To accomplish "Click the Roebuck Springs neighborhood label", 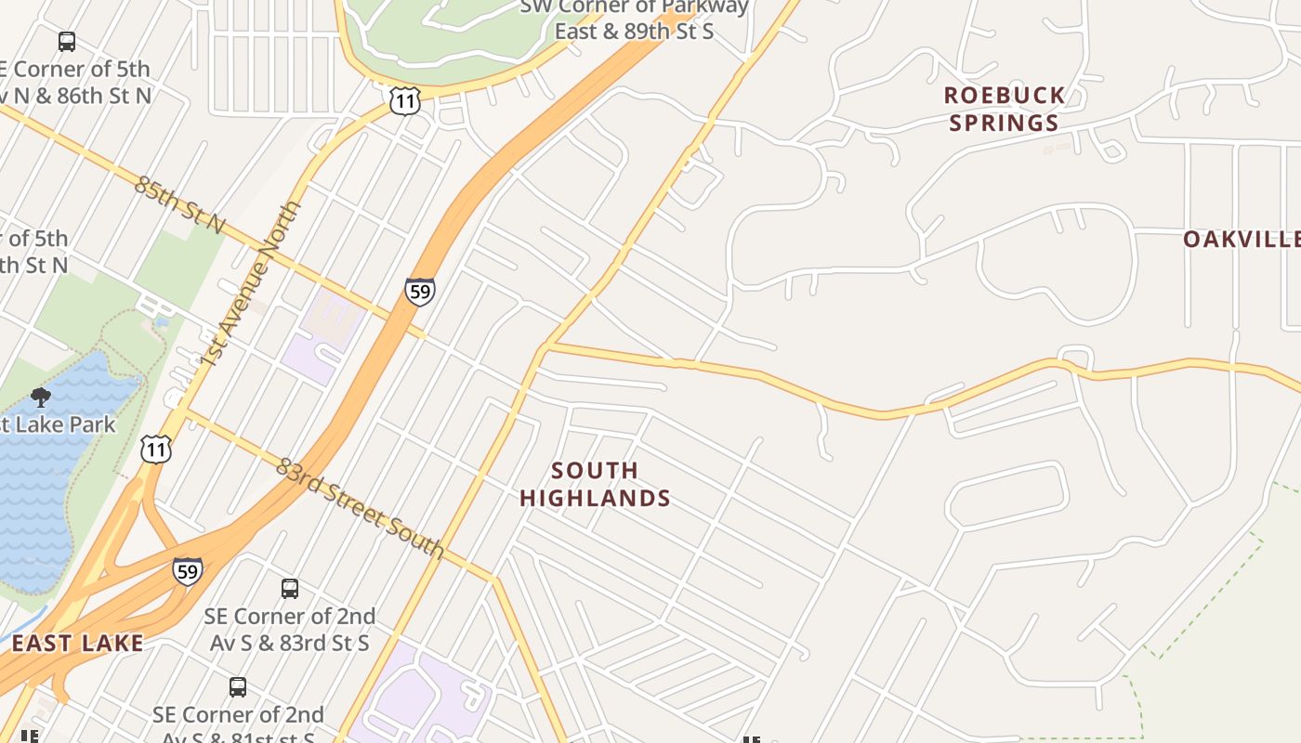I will tap(1005, 109).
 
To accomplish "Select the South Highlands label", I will tap(595, 484).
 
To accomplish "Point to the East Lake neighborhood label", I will tap(78, 643).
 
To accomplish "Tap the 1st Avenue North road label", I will tap(252, 283).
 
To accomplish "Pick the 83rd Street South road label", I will tap(360, 508).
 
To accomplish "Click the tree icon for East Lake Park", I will tap(40, 398).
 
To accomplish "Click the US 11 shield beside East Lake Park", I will tap(156, 450).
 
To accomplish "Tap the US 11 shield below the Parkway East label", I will tap(405, 100).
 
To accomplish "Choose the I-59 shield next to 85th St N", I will tap(420, 292).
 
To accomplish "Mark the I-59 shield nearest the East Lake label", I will tap(187, 570).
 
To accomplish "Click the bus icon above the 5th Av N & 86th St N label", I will tap(67, 42).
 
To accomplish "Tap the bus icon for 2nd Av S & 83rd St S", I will tap(290, 588).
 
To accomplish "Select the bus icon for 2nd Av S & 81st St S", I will tap(238, 687).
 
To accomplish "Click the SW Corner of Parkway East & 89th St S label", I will tap(634, 19).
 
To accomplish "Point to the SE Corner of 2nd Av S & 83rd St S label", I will tap(290, 629).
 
